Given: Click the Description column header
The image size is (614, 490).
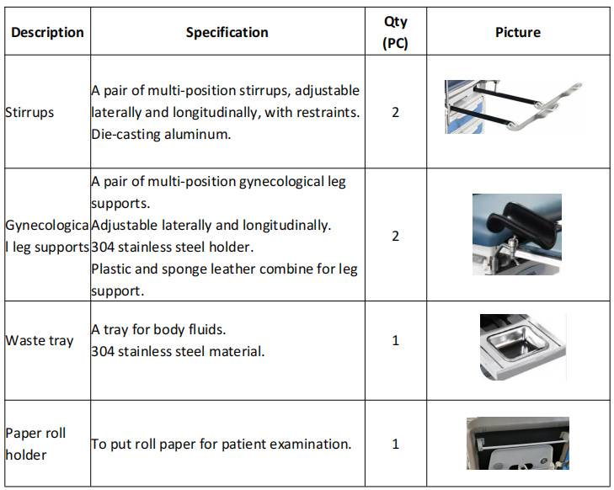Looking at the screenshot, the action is coord(47,32).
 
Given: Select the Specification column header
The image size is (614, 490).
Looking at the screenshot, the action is coord(227,32).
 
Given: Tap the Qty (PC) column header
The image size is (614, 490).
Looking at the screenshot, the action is coord(396,32).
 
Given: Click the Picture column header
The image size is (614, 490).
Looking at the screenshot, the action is coord(518,32).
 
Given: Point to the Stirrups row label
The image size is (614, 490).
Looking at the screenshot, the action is coord(29,112).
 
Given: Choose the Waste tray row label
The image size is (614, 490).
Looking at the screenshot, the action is coord(39,340).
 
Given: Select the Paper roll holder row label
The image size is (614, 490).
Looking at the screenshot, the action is coord(35,444).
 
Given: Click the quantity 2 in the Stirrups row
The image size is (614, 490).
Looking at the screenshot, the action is coord(396,112).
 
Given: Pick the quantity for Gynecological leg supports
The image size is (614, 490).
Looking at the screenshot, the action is coord(396,236).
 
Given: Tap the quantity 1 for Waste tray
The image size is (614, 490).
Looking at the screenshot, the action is coord(396,340).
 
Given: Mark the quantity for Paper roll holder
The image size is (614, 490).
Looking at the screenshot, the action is coord(396,444).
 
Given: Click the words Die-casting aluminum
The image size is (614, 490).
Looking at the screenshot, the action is coord(161,134).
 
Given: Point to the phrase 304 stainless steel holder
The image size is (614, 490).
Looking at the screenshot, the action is coord(173,247).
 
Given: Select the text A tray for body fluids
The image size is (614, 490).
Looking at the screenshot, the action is coord(158,329).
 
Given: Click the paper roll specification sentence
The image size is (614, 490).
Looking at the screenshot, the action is coord(222,444).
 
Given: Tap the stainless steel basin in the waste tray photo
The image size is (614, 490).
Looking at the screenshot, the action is coord(517,343).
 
